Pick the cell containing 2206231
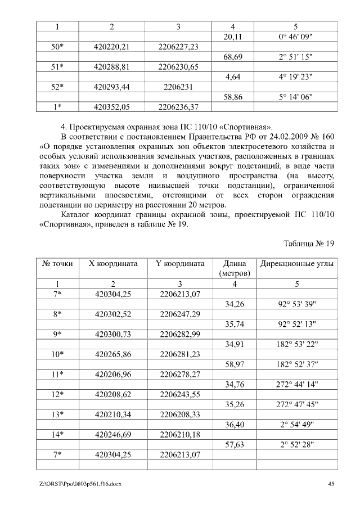point(178,87)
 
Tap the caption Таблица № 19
point(309,244)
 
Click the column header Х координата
point(113,264)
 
